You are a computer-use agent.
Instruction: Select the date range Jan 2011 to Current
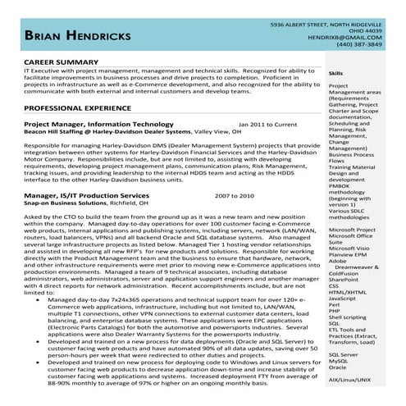[267, 124]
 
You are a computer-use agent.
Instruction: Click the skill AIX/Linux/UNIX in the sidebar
[349, 380]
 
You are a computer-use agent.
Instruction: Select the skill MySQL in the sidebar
[338, 360]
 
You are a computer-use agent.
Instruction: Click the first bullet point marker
[52, 301]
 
